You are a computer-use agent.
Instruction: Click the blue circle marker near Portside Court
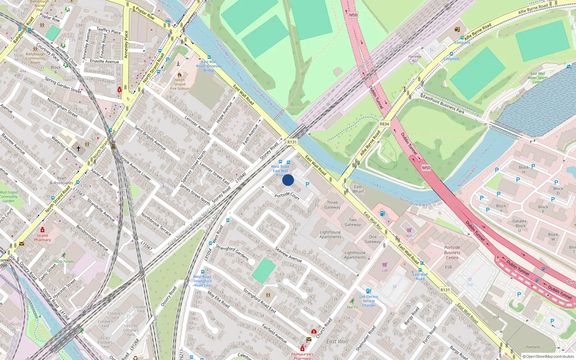point(288,180)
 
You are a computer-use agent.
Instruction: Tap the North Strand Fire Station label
point(180,84)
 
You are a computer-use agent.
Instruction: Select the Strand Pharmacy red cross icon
point(42,230)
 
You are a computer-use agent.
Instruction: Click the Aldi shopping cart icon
point(409,230)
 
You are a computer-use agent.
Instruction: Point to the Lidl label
point(385,270)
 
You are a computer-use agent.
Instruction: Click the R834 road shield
point(384,124)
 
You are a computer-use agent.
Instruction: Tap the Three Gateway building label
point(332,205)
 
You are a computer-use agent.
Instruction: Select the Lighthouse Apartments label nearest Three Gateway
point(330,234)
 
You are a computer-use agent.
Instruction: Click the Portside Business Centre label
point(452,252)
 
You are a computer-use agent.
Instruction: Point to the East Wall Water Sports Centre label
point(538,78)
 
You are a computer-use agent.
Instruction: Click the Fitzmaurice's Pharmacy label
point(302,356)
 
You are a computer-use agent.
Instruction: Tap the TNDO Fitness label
point(63,262)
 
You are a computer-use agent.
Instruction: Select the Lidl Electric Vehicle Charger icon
point(368,291)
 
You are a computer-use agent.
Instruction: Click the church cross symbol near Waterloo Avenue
point(78,148)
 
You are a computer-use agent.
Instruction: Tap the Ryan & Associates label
point(61,180)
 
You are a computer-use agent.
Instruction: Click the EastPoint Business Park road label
point(444,104)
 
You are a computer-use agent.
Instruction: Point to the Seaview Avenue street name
point(288,254)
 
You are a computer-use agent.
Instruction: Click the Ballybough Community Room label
point(35,58)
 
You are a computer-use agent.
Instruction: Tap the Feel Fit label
point(352,307)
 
